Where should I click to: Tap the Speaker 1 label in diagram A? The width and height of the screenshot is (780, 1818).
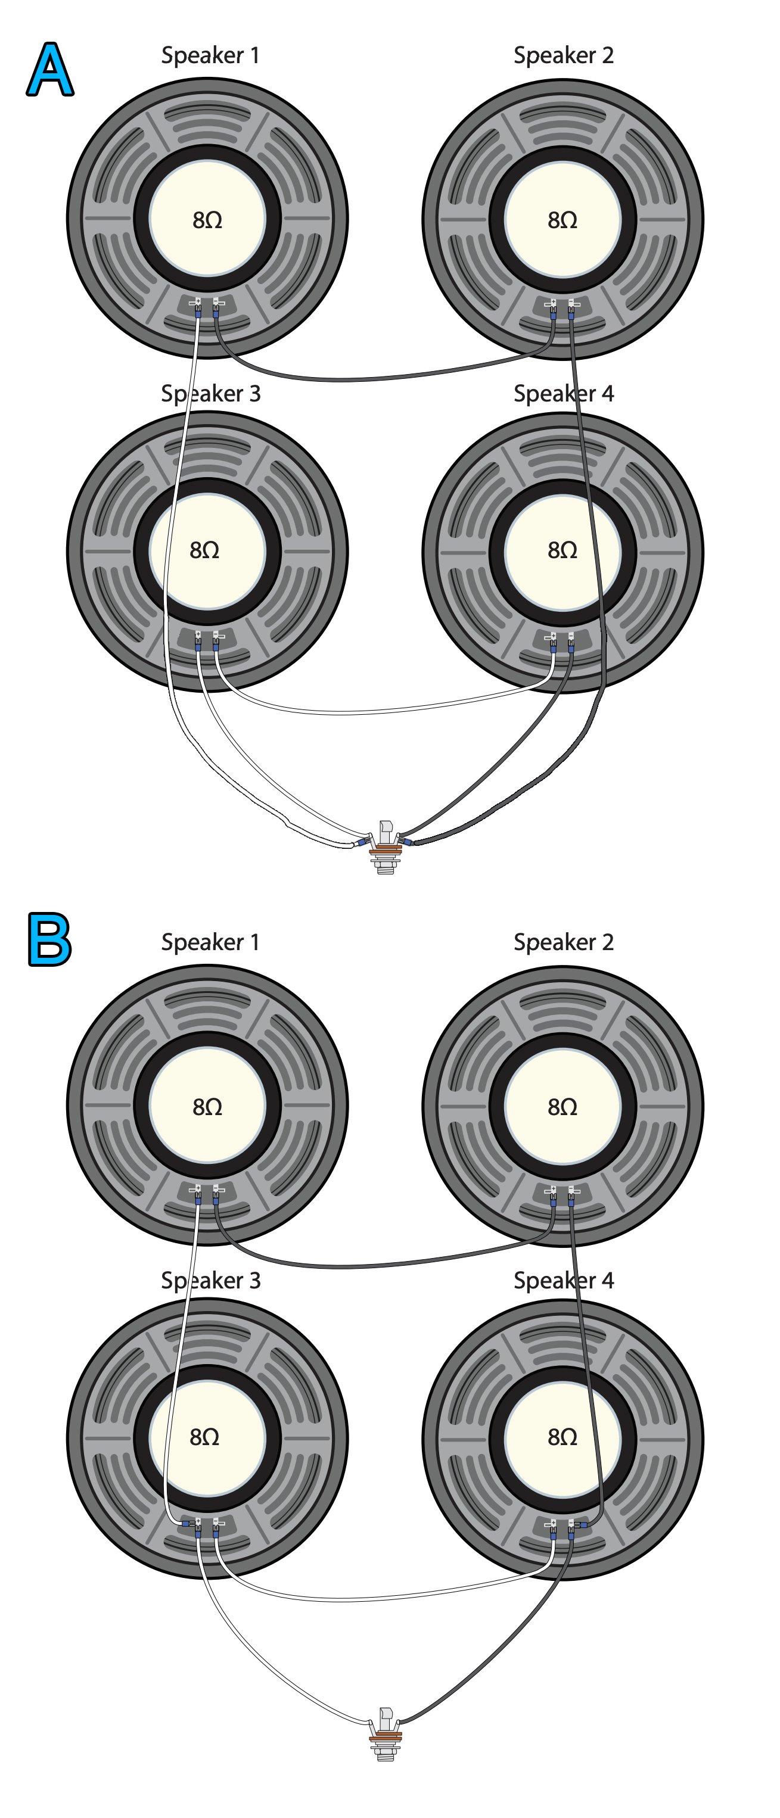click(x=210, y=55)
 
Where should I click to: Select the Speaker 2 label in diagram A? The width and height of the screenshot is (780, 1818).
click(x=563, y=55)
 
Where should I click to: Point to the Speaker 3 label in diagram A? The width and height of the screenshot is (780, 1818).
click(x=210, y=393)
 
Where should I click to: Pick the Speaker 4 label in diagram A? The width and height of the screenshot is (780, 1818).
click(x=563, y=393)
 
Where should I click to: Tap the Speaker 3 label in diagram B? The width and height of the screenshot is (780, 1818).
click(x=210, y=1280)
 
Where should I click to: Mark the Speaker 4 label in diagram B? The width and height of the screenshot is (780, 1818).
click(x=563, y=1280)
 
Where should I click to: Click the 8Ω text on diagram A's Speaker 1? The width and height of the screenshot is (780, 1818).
click(x=207, y=220)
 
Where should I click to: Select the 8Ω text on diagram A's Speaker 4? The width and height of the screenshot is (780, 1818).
click(x=563, y=550)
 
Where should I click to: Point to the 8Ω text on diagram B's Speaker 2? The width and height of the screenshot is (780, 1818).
click(x=563, y=1107)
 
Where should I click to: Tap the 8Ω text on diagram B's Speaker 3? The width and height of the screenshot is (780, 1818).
click(x=205, y=1437)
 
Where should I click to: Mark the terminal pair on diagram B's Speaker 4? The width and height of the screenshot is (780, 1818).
click(x=562, y=1527)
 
